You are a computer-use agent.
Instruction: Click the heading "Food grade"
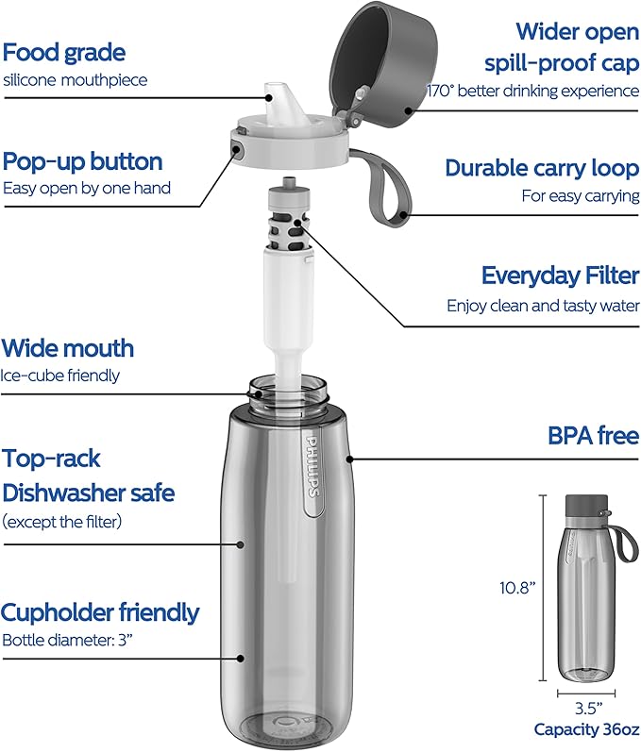click(64, 52)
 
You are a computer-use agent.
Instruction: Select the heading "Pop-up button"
click(83, 160)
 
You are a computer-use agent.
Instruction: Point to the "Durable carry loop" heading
click(542, 168)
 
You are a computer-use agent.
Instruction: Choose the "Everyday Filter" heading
click(560, 276)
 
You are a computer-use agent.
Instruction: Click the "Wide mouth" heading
click(68, 348)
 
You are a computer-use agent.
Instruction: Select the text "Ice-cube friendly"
click(60, 375)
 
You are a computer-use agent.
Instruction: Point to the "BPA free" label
click(593, 436)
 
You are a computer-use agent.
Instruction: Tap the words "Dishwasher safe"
click(89, 492)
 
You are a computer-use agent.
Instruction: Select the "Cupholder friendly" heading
click(100, 612)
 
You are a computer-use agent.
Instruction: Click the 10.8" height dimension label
click(518, 588)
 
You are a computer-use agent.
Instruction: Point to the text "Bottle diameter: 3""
click(68, 641)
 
